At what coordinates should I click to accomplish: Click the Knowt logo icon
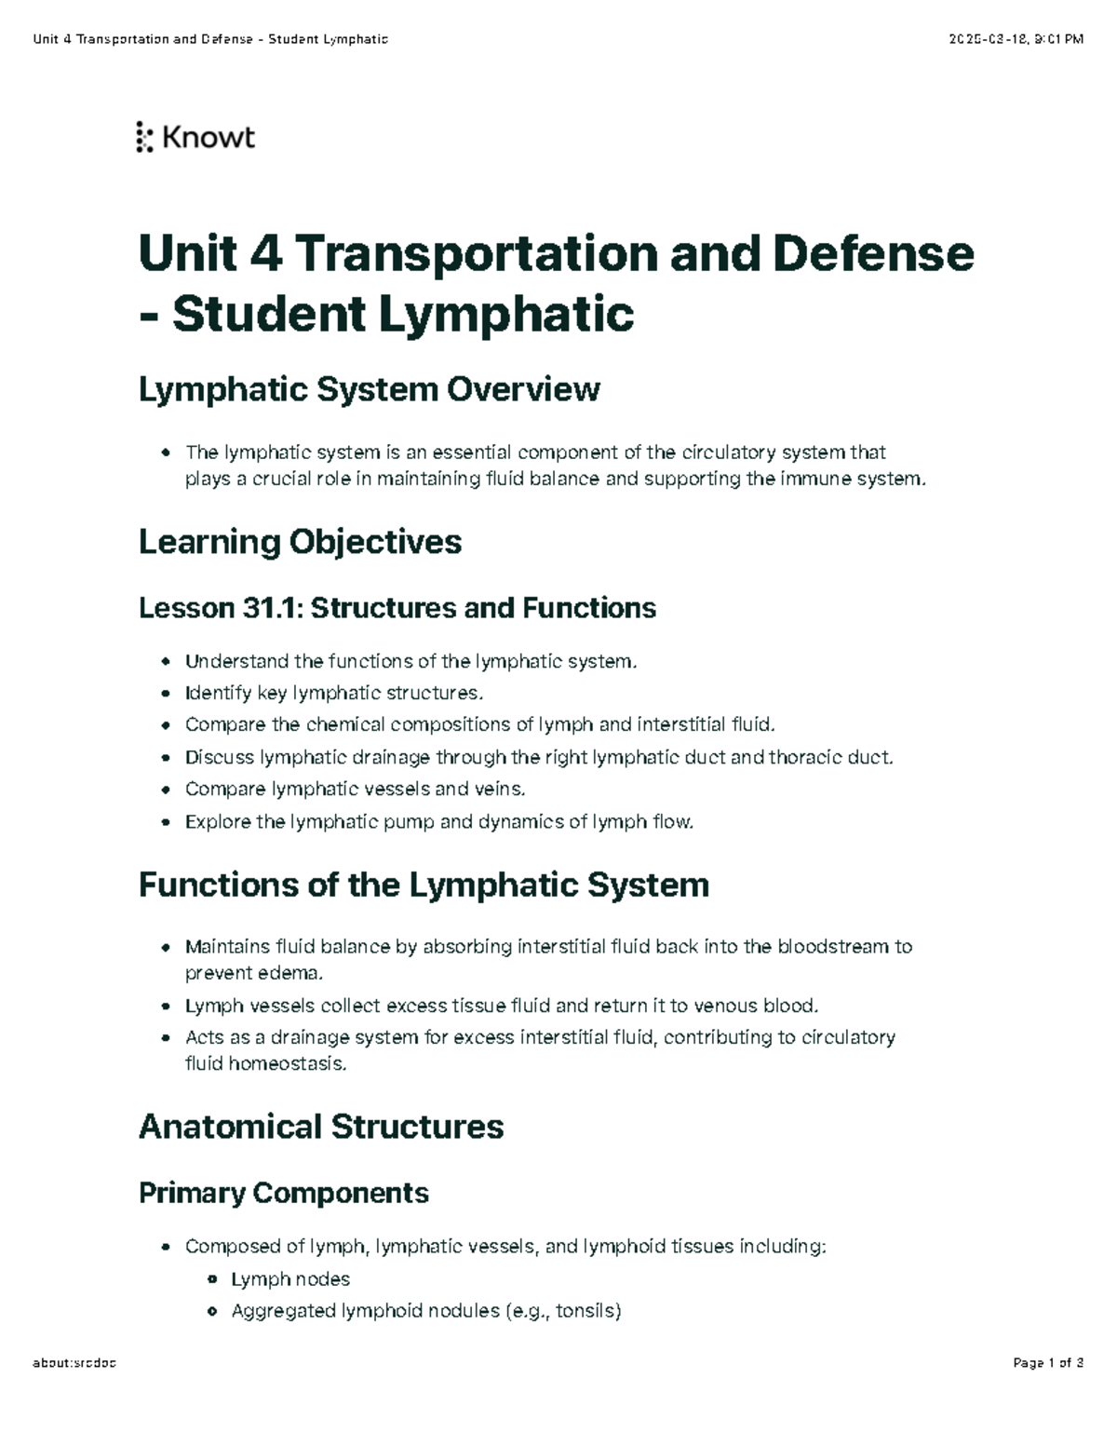click(x=144, y=137)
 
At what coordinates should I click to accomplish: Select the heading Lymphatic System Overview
click(x=369, y=389)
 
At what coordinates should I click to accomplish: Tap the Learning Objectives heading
click(x=300, y=542)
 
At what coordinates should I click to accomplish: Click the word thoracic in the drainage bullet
click(x=805, y=757)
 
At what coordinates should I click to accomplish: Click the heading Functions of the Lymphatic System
click(x=424, y=885)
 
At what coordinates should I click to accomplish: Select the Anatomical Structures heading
click(x=321, y=1127)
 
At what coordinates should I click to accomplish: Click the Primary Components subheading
click(x=284, y=1193)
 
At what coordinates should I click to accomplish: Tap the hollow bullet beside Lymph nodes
click(x=212, y=1279)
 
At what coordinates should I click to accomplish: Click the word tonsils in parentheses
click(x=585, y=1311)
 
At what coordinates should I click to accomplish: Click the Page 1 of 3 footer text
click(x=1048, y=1364)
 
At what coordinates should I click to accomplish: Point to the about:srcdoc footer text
click(x=74, y=1364)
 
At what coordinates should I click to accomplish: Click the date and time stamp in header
click(x=1016, y=39)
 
